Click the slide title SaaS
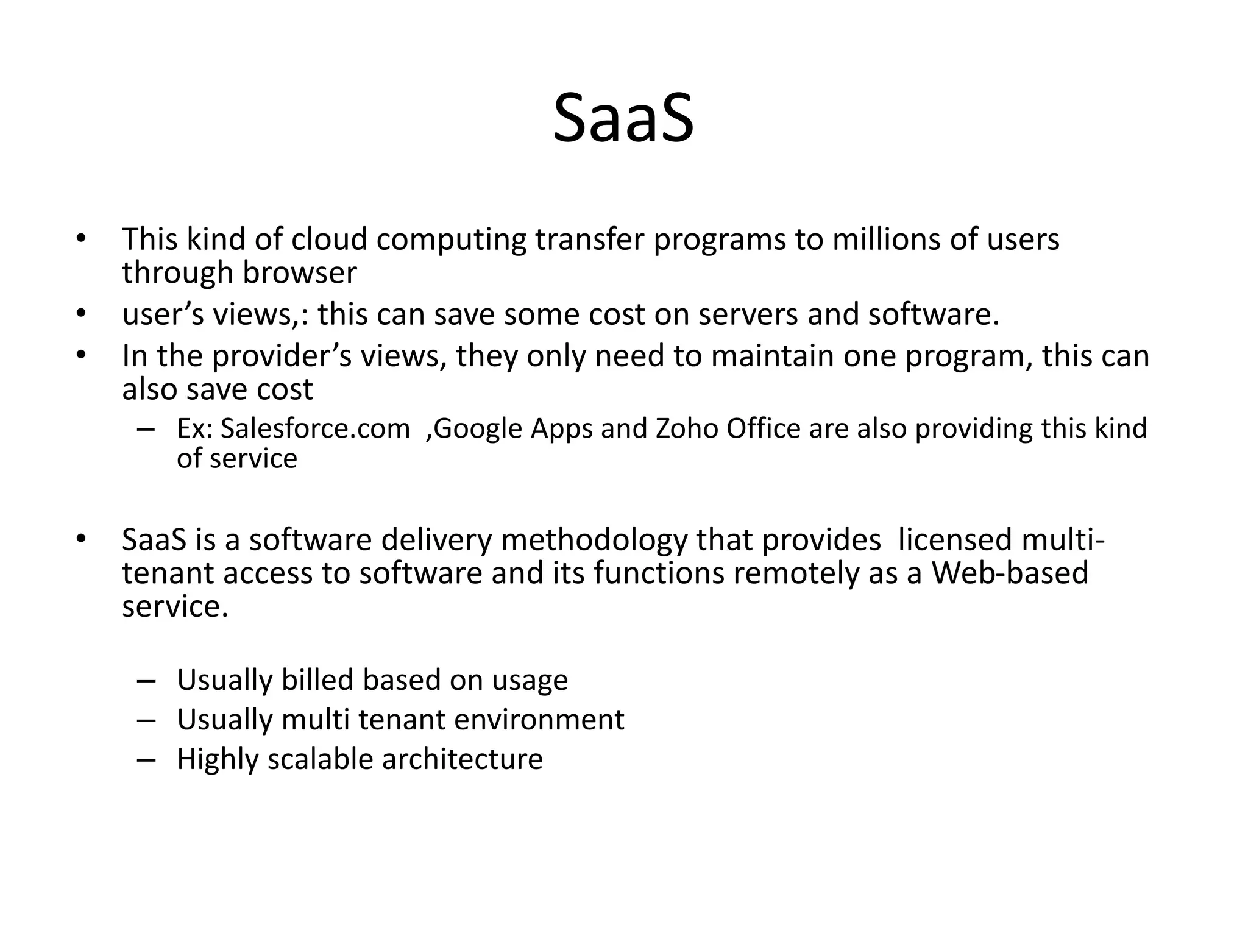pos(623,118)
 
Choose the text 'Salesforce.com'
pos(314,428)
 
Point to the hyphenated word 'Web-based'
pos(1010,573)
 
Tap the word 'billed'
pos(317,680)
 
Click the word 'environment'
pos(539,720)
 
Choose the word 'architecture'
pos(462,759)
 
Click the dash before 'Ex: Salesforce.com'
pos(146,429)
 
